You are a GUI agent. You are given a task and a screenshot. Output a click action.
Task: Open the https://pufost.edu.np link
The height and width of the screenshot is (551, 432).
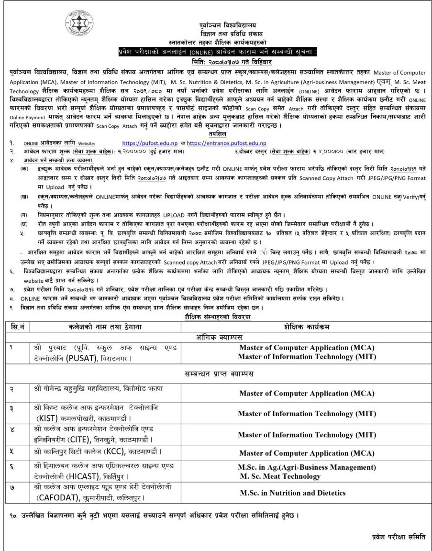click(150, 143)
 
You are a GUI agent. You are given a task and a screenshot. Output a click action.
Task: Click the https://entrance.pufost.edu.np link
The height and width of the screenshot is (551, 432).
click(227, 143)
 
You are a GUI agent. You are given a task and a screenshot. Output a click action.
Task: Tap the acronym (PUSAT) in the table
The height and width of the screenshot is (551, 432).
click(74, 356)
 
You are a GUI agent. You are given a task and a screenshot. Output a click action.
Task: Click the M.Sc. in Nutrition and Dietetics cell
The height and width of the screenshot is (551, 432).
click(293, 493)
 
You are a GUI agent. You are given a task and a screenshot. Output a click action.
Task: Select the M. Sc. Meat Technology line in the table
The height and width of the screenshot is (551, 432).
click(280, 476)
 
